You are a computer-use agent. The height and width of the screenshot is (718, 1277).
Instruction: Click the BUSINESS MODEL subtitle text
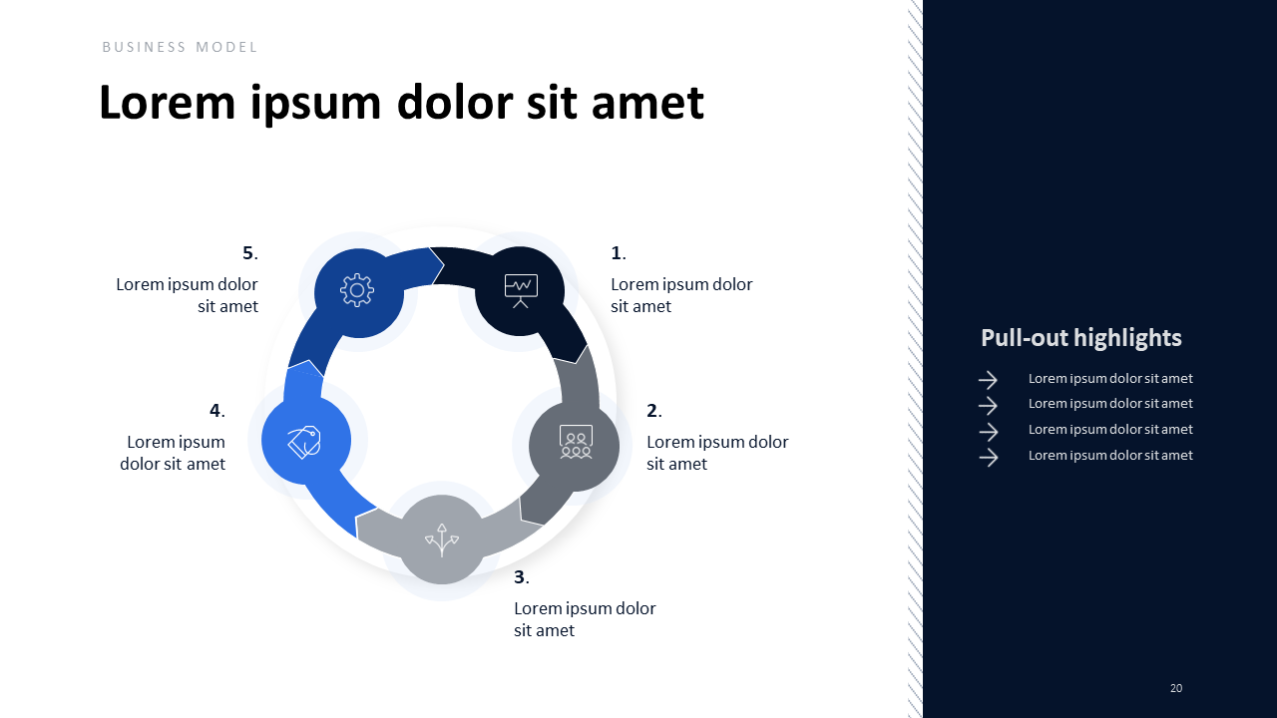click(180, 47)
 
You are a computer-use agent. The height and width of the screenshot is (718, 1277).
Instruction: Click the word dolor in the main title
click(455, 103)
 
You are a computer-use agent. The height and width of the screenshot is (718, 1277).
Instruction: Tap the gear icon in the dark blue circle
click(357, 290)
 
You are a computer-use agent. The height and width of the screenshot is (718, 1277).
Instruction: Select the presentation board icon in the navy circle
click(521, 290)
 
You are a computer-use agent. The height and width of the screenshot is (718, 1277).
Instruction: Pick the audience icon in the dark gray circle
click(576, 442)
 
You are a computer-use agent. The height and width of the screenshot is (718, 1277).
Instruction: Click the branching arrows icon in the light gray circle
click(442, 540)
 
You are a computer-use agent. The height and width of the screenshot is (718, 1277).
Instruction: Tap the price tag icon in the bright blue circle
click(304, 442)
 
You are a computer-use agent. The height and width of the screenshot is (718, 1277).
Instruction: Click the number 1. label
click(619, 252)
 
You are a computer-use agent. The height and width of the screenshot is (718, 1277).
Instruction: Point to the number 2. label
click(654, 410)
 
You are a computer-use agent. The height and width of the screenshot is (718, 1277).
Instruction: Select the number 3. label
click(522, 576)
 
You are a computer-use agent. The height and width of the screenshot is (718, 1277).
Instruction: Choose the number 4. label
click(217, 410)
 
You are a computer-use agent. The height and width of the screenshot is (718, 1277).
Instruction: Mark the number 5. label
click(250, 252)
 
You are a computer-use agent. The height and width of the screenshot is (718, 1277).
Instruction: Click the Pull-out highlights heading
click(1080, 338)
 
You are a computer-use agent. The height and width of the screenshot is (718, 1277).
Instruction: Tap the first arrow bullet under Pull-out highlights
click(988, 380)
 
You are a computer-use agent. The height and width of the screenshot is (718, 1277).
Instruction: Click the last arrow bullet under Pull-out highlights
click(988, 457)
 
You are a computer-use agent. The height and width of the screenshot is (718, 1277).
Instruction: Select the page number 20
click(1176, 688)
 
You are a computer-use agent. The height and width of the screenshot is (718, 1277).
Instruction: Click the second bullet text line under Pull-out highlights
click(1110, 404)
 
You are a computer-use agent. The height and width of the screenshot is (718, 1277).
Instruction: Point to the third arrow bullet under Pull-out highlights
click(988, 432)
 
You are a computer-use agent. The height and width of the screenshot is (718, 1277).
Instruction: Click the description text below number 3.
click(585, 619)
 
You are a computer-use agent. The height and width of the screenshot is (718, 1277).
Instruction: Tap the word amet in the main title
click(647, 103)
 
